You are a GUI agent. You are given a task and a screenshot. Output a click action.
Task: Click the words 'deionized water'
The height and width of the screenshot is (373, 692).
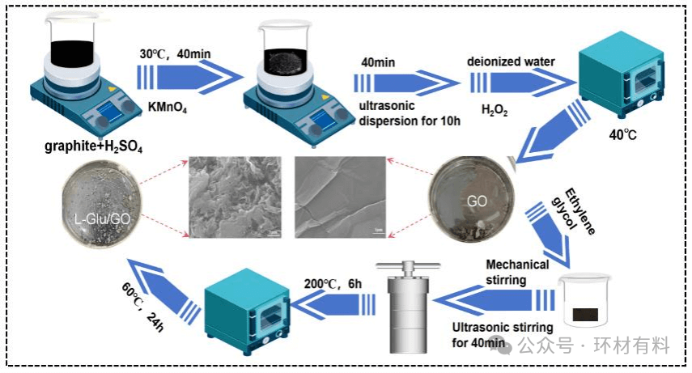[x=507, y=61]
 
